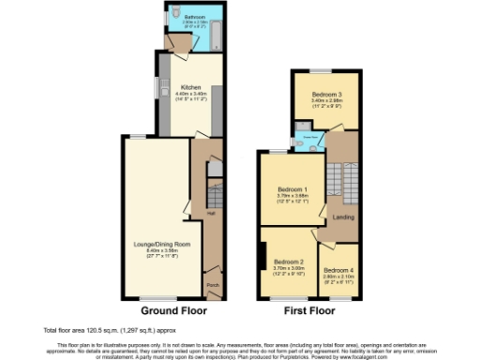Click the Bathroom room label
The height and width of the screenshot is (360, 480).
195,17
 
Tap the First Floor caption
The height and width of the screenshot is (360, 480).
308,308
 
